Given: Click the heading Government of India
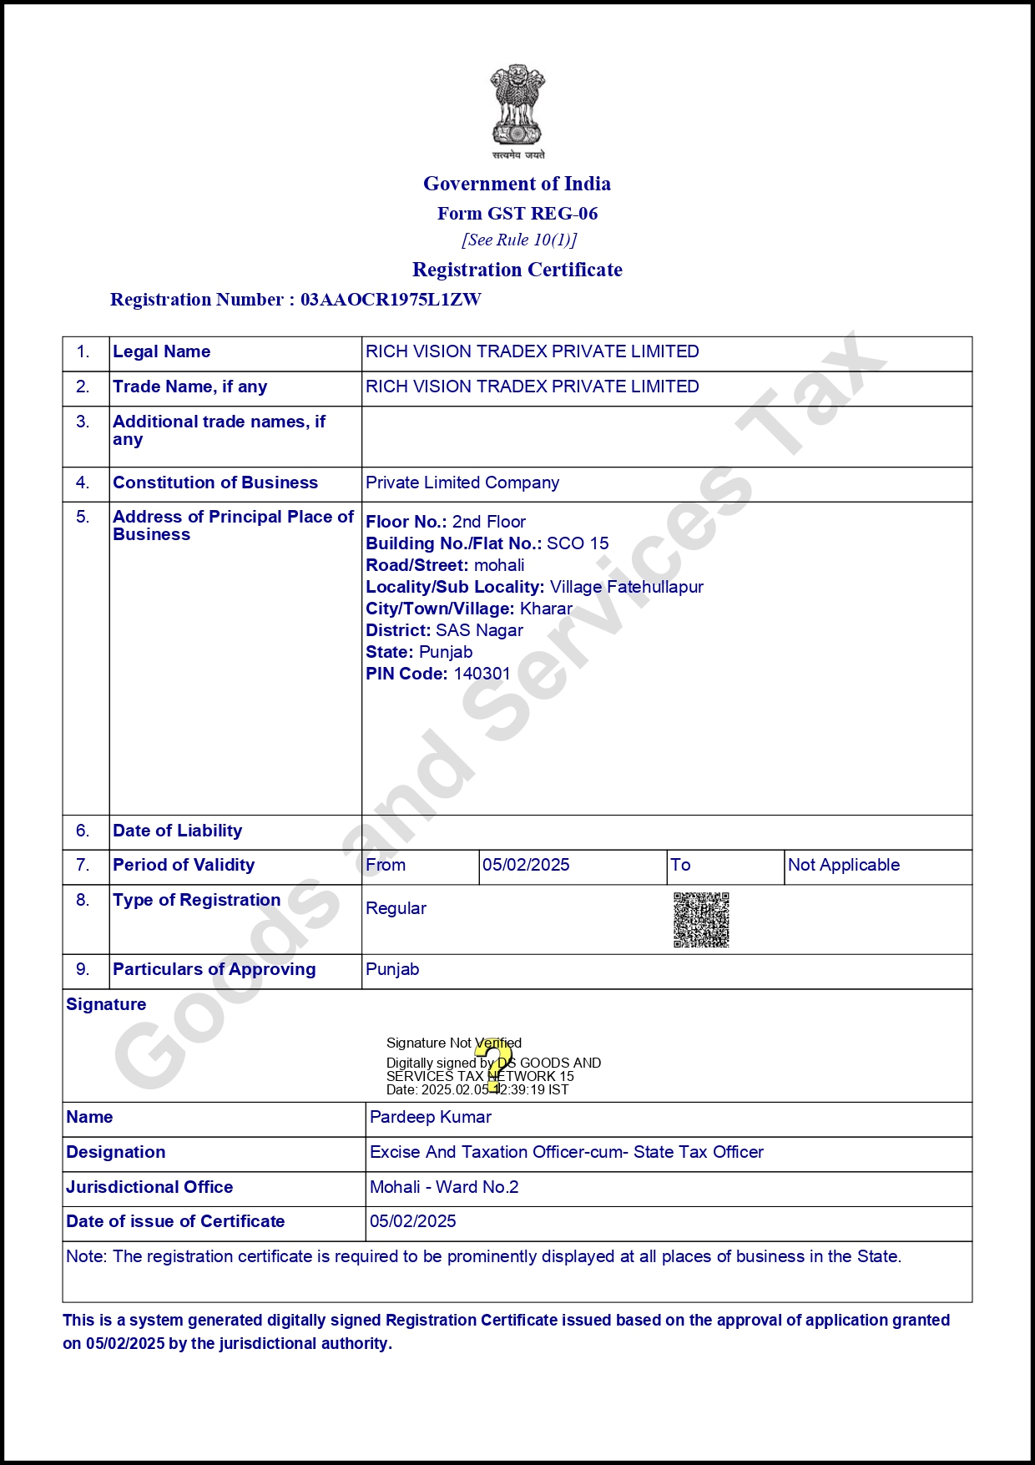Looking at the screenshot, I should point(517,184).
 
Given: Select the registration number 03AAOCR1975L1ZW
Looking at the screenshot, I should point(391,300).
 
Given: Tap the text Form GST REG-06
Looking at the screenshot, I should point(517,214).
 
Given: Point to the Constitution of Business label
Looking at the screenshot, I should point(215,482).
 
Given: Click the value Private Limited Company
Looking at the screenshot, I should point(462,482).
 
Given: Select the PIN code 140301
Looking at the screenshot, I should point(482,674).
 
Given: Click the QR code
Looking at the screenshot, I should point(701,920).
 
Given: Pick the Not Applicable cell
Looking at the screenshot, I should point(843,865).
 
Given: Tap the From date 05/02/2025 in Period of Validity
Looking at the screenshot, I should point(526,865).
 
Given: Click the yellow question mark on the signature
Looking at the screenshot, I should point(494,1065).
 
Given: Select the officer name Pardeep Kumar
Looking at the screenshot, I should point(431,1117).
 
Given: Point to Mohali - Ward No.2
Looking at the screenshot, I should point(444,1187).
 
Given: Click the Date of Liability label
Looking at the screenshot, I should point(178,831).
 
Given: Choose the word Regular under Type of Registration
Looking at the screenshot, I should point(396,908).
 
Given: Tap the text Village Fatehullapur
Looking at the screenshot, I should point(626,587).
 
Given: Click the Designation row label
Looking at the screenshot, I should point(116,1152).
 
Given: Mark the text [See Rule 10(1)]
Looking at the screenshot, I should point(519,240).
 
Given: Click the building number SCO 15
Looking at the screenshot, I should point(578,543).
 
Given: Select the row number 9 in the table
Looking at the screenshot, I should point(83,969).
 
